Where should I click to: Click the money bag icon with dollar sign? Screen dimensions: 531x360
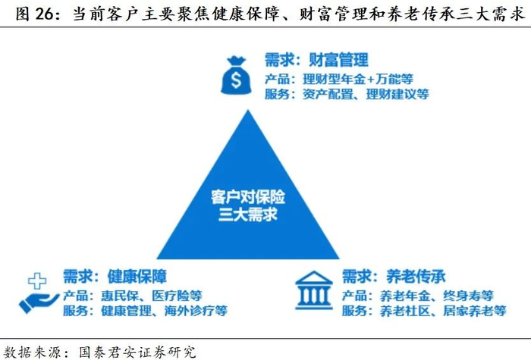click(x=236, y=76)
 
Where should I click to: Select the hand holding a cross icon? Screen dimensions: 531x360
click(x=36, y=292)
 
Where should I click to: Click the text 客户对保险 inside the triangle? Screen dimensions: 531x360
click(x=247, y=198)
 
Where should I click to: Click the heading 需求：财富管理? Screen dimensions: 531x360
click(x=316, y=60)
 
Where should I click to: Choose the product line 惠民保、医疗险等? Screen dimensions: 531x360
click(x=131, y=295)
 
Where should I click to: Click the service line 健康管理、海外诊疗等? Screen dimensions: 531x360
click(x=144, y=310)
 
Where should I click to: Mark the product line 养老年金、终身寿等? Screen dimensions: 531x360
click(x=417, y=295)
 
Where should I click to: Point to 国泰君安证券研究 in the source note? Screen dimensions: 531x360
click(x=134, y=351)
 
